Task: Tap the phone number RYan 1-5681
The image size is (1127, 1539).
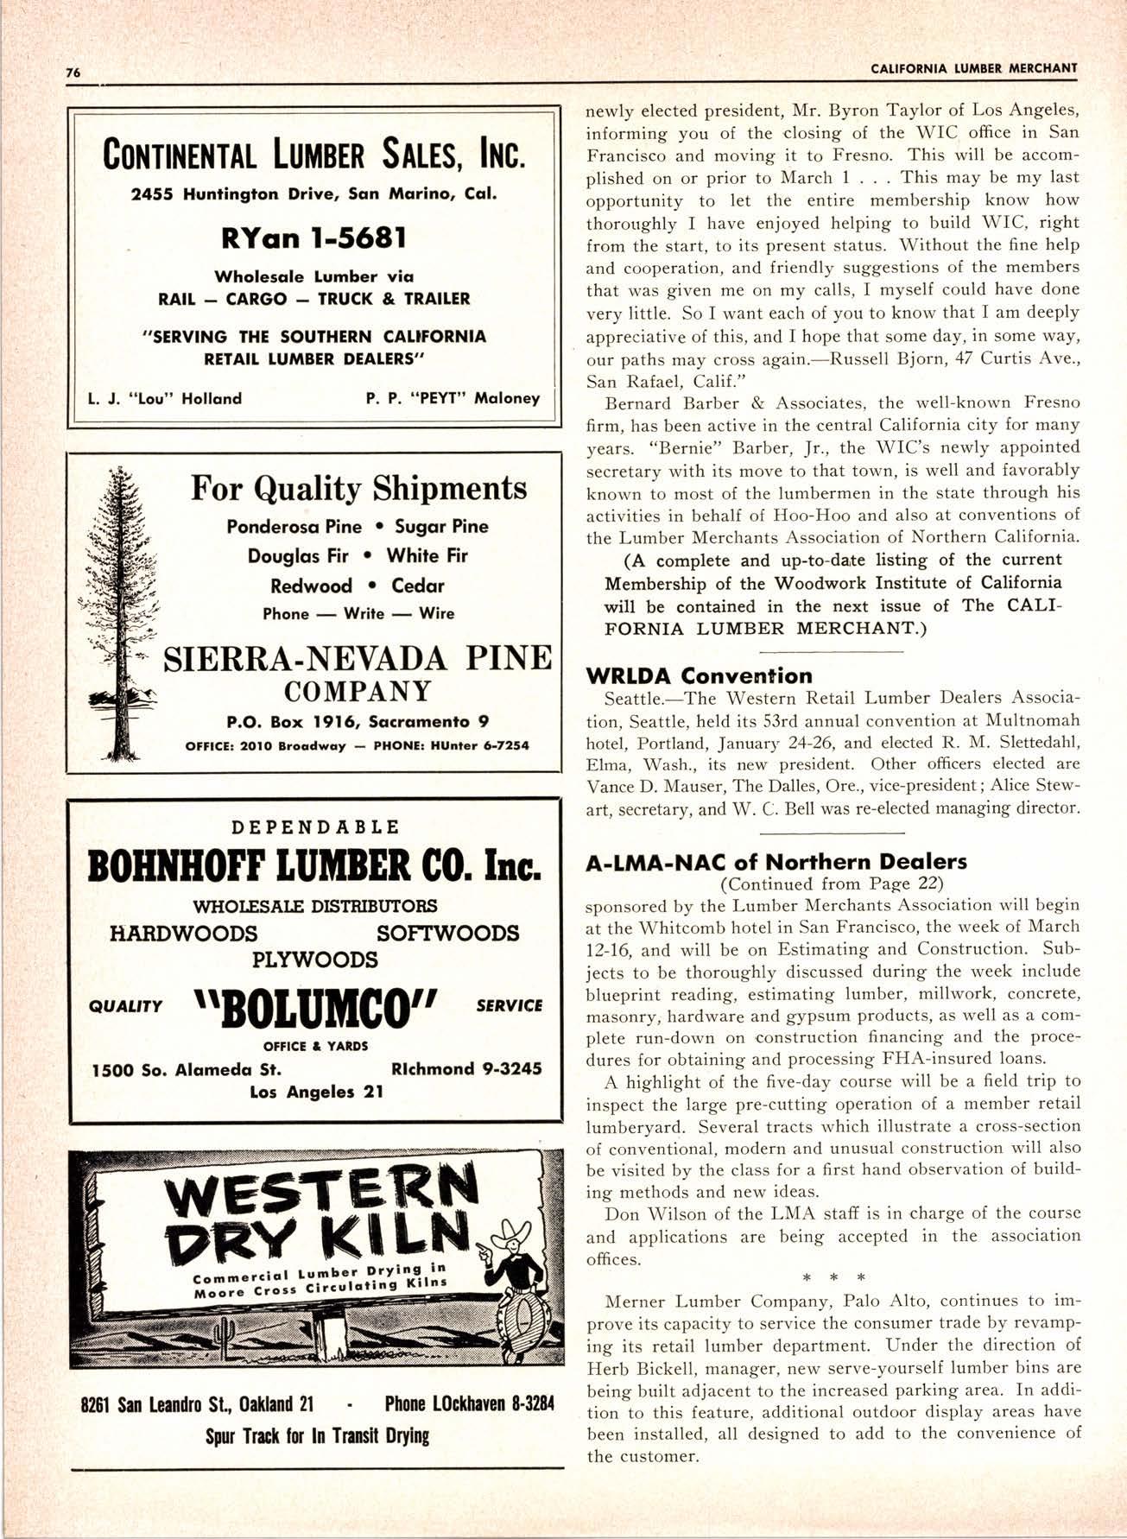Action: coord(314,237)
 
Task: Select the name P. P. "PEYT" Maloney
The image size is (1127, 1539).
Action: coord(453,398)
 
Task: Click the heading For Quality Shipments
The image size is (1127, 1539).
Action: coord(358,489)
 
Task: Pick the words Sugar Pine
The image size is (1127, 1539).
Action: coord(440,526)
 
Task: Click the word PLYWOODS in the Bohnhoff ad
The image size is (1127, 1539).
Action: coord(314,959)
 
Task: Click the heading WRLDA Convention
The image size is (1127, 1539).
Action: coord(699,675)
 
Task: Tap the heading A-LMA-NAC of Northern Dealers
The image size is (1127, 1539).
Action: coord(776,861)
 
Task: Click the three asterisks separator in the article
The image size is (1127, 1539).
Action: coord(833,1275)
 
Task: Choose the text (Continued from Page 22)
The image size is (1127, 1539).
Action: coord(832,883)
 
